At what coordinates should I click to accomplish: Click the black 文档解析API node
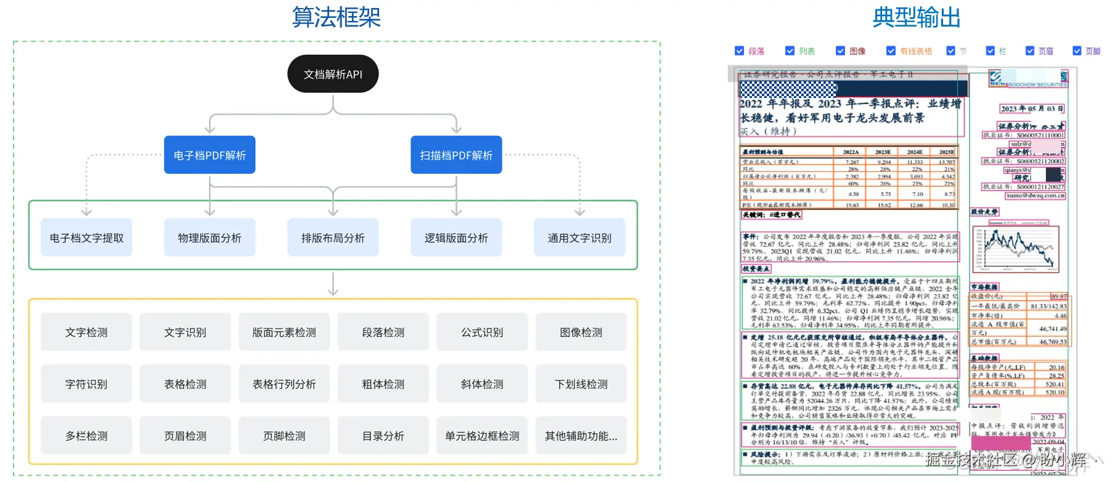333,74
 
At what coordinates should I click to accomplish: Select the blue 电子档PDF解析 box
210,155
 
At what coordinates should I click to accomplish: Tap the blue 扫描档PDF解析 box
456,155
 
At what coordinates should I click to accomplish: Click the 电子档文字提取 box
86,237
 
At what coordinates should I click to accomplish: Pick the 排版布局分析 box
333,237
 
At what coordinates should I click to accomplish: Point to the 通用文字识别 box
579,237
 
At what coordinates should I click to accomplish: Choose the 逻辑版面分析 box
456,237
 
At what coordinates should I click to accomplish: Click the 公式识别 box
482,332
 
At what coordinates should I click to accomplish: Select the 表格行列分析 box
284,384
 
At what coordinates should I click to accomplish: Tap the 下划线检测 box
581,384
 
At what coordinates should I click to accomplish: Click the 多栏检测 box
86,436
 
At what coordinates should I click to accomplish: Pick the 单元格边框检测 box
482,436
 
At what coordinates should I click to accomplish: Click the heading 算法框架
336,17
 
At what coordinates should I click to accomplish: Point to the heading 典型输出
917,17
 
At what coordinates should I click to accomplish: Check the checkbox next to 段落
740,51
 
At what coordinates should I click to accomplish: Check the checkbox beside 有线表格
891,51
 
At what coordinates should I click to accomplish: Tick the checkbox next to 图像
840,51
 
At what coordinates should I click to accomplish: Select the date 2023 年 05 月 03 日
1032,108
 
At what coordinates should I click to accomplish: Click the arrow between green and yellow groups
333,284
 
